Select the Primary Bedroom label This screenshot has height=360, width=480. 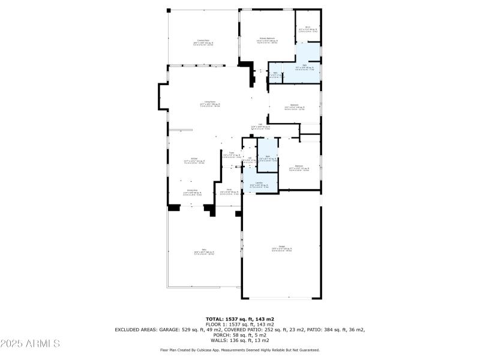click(267, 38)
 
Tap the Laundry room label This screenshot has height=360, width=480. click(259, 184)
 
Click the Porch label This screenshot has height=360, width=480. click(230, 190)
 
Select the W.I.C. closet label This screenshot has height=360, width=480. click(307, 27)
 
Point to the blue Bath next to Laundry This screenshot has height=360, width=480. click(268, 157)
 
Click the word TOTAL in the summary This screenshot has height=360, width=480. click(214, 319)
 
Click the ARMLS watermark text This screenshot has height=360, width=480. click(30, 343)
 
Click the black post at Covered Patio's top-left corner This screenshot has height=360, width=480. click(169, 10)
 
